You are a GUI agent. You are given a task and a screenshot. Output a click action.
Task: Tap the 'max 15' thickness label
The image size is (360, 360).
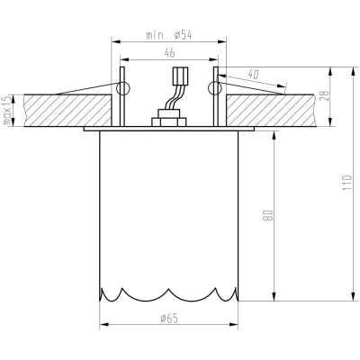coord(6,111)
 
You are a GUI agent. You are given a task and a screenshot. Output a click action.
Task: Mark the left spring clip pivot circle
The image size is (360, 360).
coord(123,87)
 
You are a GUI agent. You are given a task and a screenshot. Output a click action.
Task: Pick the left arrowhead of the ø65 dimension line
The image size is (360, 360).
coord(102,325)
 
